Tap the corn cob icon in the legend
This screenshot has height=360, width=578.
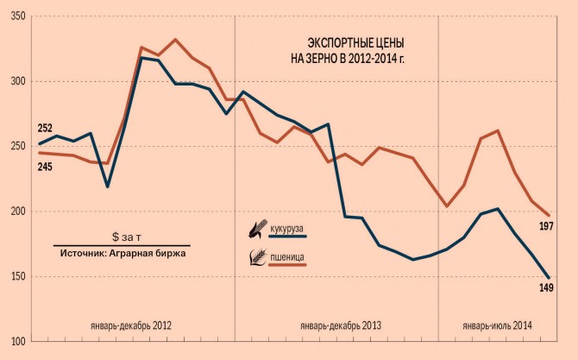(x=257, y=229)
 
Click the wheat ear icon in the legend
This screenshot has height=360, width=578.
(x=257, y=256)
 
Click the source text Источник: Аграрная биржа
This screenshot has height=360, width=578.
(x=123, y=252)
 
